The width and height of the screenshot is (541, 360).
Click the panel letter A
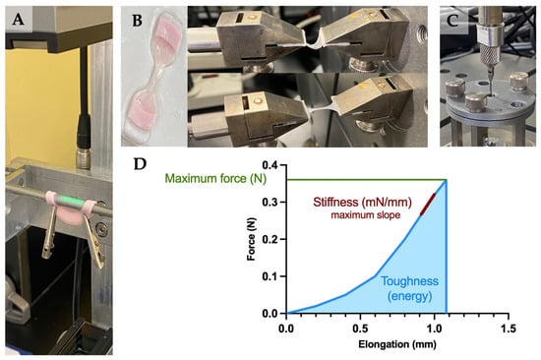(x=19, y=20)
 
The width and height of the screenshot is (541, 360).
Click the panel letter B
(x=138, y=21)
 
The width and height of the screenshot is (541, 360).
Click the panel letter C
(x=452, y=21)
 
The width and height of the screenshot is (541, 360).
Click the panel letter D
(x=140, y=164)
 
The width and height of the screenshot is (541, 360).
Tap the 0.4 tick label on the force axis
(x=270, y=165)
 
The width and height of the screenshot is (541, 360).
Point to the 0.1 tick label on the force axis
(x=270, y=276)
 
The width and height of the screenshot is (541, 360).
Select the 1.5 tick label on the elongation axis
(x=509, y=329)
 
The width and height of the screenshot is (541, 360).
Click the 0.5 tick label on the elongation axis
(x=360, y=329)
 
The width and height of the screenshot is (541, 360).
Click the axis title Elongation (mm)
(x=397, y=344)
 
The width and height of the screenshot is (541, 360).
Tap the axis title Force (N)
(x=252, y=239)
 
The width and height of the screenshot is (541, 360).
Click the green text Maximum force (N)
(x=215, y=178)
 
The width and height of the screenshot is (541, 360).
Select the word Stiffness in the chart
(x=335, y=202)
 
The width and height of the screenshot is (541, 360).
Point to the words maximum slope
(x=366, y=215)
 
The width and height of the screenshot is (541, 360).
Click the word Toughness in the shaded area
(x=409, y=281)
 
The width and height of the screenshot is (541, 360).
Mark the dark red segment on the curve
(x=428, y=205)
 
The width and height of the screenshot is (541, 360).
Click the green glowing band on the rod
(x=70, y=201)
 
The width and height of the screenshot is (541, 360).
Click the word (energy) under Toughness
(x=409, y=296)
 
